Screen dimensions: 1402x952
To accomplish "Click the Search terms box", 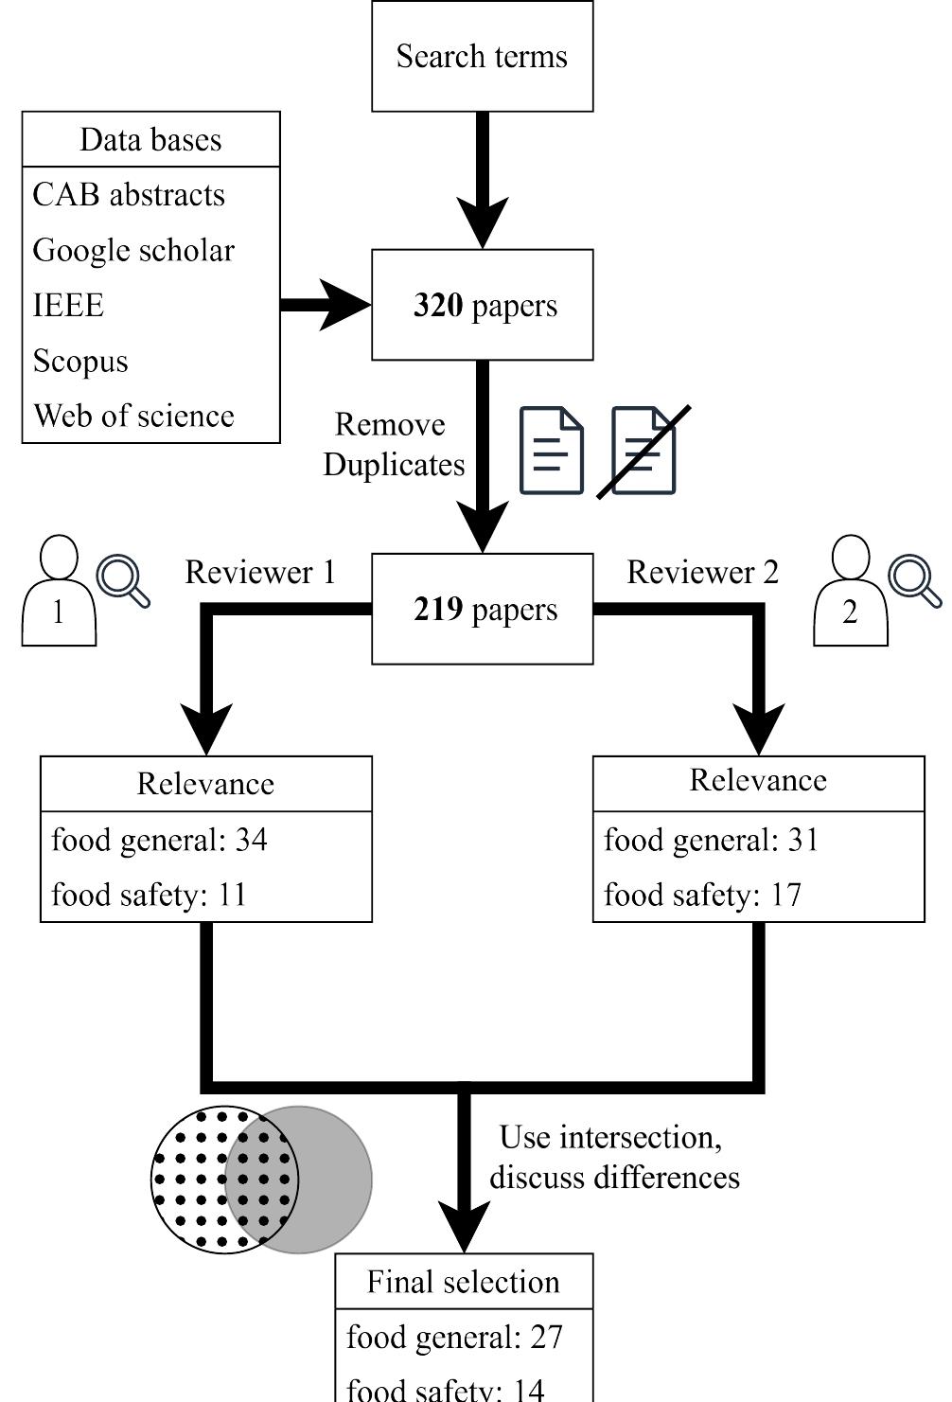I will click(482, 57).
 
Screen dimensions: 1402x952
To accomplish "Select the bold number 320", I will click(438, 306).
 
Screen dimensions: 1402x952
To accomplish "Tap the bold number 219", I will click(438, 610).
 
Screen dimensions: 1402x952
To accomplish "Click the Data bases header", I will click(150, 140).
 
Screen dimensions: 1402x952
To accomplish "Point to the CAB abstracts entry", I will click(129, 195).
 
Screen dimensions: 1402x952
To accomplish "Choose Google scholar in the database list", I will click(133, 251).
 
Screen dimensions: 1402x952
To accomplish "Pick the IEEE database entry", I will click(68, 306).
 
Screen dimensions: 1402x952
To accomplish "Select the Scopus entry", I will click(80, 362).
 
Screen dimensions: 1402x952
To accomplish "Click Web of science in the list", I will click(133, 417).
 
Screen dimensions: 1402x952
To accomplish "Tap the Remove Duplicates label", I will click(393, 445).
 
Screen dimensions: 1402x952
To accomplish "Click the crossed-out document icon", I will click(643, 451).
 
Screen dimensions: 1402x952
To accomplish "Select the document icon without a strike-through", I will click(552, 451).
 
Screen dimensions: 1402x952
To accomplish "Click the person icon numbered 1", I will click(59, 593).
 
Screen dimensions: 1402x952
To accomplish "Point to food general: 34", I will click(159, 841).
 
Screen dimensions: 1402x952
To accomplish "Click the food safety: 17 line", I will click(702, 896).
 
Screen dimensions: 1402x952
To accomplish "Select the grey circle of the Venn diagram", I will click(331, 1180).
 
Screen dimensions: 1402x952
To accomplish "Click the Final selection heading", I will click(464, 1283).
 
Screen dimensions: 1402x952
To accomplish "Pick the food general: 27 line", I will click(454, 1338).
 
